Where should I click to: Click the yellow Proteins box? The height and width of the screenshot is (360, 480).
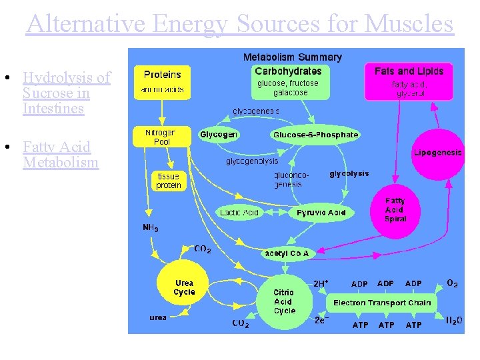pos(162,81)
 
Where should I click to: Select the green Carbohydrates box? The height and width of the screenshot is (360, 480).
pos(288,81)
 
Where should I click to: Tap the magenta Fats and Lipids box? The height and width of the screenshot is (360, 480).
pos(409,81)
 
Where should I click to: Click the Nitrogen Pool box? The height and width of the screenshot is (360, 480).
pos(162,137)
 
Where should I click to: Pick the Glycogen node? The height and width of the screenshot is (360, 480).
pos(219,135)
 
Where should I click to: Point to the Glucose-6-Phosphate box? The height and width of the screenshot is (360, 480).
pos(315,135)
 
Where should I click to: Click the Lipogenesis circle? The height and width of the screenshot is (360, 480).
pos(437,153)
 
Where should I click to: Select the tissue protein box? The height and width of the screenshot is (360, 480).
pos(168,181)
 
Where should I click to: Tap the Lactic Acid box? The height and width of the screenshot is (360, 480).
pos(239,213)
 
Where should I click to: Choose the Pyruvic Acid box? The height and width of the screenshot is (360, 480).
pos(321,213)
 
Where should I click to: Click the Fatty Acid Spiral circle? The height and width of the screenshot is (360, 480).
pos(395,209)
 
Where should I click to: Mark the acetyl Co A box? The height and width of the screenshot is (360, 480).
pos(287,253)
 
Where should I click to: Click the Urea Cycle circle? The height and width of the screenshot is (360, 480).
pos(183,287)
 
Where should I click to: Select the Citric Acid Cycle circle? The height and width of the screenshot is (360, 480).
pos(284,301)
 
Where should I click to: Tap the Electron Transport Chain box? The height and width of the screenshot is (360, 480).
pos(382,303)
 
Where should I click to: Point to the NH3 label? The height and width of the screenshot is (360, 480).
pos(151,228)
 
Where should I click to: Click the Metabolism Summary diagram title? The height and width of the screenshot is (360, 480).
pos(292,57)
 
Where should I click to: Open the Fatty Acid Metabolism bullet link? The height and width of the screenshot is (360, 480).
pos(60,155)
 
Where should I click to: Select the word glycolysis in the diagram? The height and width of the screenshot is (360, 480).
pos(349,174)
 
